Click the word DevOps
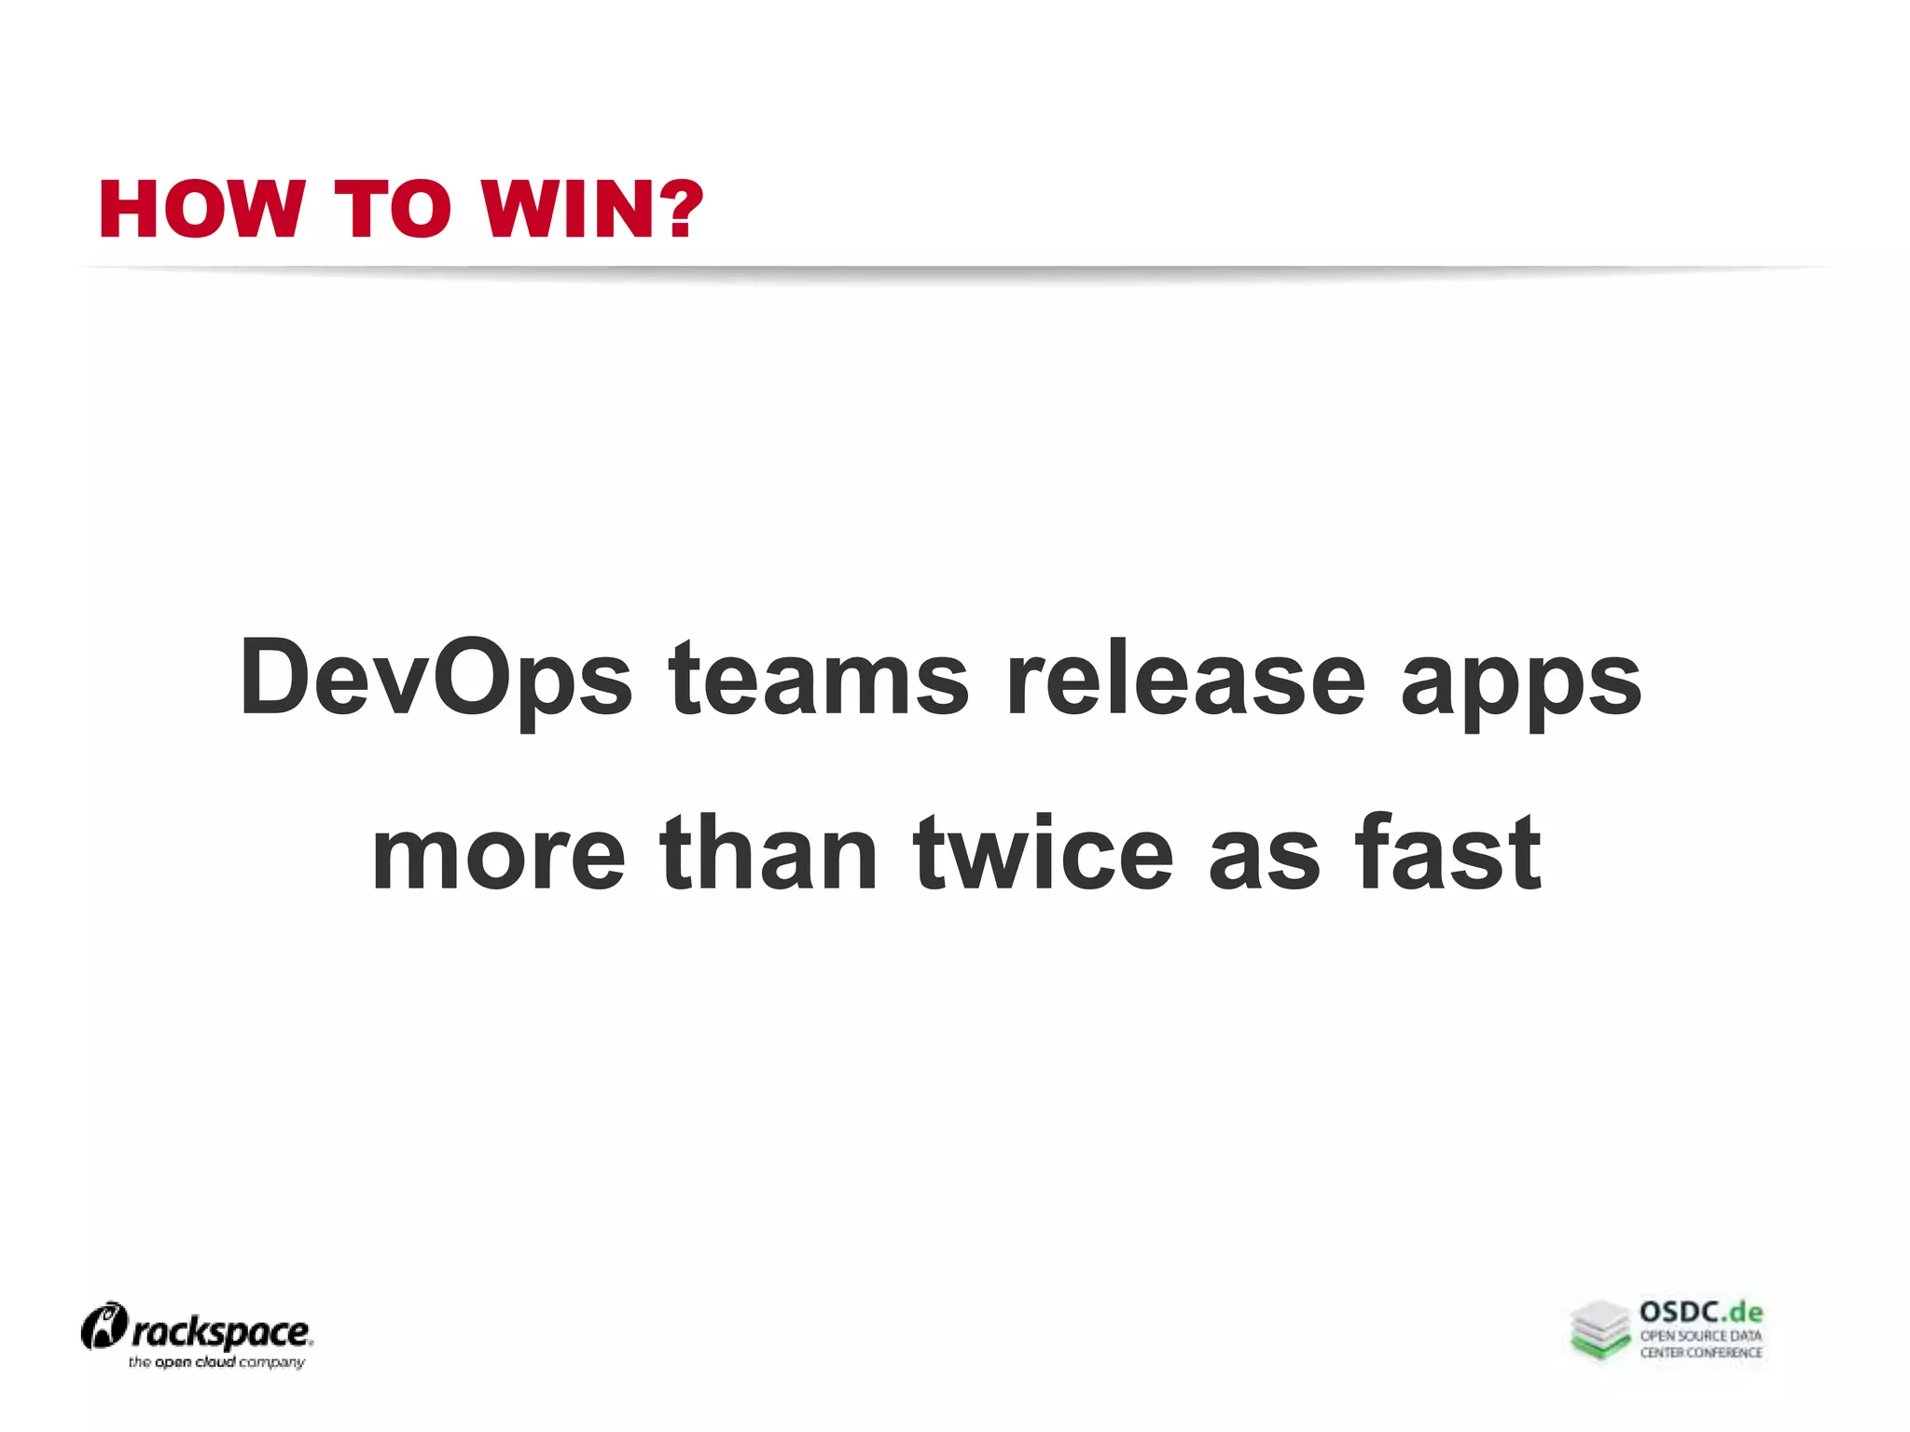pos(436,678)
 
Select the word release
pos(1185,678)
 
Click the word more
pos(498,853)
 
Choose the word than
pos(768,853)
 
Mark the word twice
pos(1043,853)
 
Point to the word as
pos(1265,853)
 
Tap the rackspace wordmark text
pos(222,1333)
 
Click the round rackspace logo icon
pos(104,1327)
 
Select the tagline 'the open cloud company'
pos(216,1363)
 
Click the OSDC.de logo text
pos(1701,1313)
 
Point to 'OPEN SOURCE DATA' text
pos(1701,1336)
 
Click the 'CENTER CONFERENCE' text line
pos(1701,1353)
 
